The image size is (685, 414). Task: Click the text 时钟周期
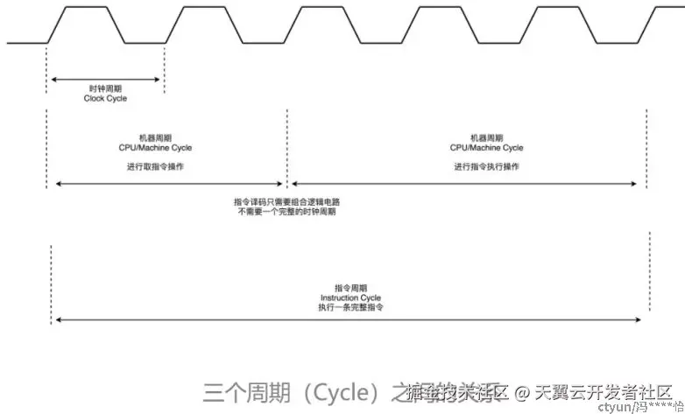[x=105, y=89]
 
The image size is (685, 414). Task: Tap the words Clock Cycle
[x=105, y=99]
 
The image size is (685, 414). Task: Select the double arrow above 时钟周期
[x=105, y=79]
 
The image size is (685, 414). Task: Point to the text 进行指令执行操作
[x=486, y=166]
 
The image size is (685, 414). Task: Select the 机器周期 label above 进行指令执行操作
[x=486, y=138]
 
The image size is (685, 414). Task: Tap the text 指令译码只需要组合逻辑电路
[x=286, y=201]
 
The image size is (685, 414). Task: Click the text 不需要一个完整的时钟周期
[x=286, y=212]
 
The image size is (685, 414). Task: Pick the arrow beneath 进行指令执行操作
[x=465, y=184]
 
